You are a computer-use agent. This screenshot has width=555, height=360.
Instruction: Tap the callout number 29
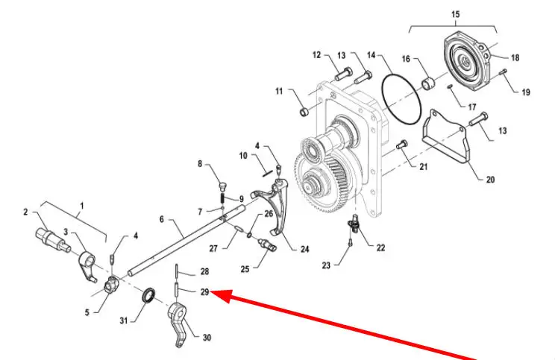[204, 291]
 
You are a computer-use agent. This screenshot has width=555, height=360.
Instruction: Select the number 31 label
[124, 321]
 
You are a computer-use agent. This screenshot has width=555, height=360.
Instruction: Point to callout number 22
[380, 247]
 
